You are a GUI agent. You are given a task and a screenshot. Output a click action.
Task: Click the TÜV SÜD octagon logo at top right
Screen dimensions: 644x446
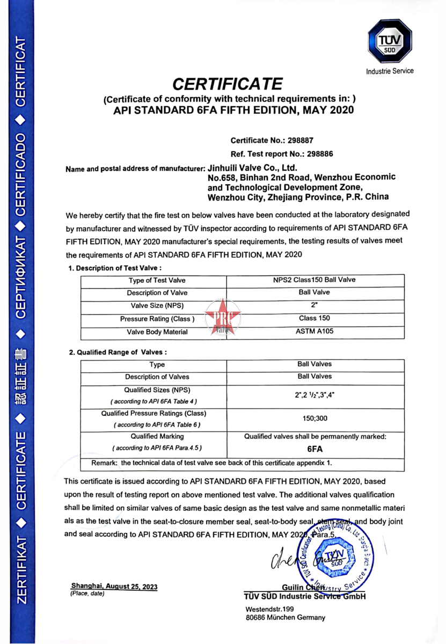pos(390,42)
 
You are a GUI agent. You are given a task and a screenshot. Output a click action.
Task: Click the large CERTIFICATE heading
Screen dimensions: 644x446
pos(228,84)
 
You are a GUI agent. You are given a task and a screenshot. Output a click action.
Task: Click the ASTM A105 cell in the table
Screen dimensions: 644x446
pos(315,331)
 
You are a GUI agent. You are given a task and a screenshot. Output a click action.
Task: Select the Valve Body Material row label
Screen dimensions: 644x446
pos(157,332)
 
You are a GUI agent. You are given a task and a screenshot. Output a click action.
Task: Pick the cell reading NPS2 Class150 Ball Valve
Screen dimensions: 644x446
pos(315,280)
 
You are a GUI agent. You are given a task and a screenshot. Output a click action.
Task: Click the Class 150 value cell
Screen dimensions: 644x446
pos(315,318)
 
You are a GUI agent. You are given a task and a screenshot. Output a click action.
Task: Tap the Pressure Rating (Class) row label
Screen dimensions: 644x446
pos(157,319)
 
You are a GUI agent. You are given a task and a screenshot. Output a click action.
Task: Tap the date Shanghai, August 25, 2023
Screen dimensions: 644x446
pos(114,587)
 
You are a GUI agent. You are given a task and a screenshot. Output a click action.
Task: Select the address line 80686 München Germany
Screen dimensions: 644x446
pos(285,618)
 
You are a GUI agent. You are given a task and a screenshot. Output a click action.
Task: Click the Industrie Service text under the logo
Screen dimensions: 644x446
pos(390,71)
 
